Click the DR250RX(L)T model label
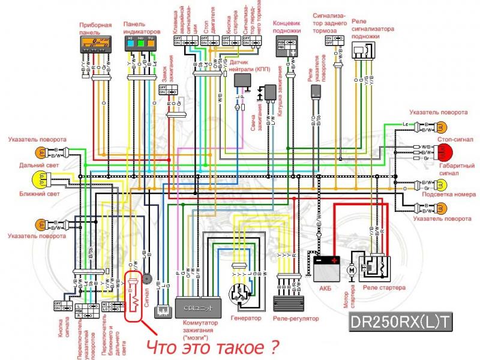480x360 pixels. pyautogui.click(x=400, y=322)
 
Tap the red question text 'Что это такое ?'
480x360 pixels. pyautogui.click(x=215, y=346)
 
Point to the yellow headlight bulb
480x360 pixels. pyautogui.click(x=40, y=178)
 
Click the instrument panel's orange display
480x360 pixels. pyautogui.click(x=94, y=43)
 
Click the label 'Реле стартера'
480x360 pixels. pyautogui.click(x=385, y=287)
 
